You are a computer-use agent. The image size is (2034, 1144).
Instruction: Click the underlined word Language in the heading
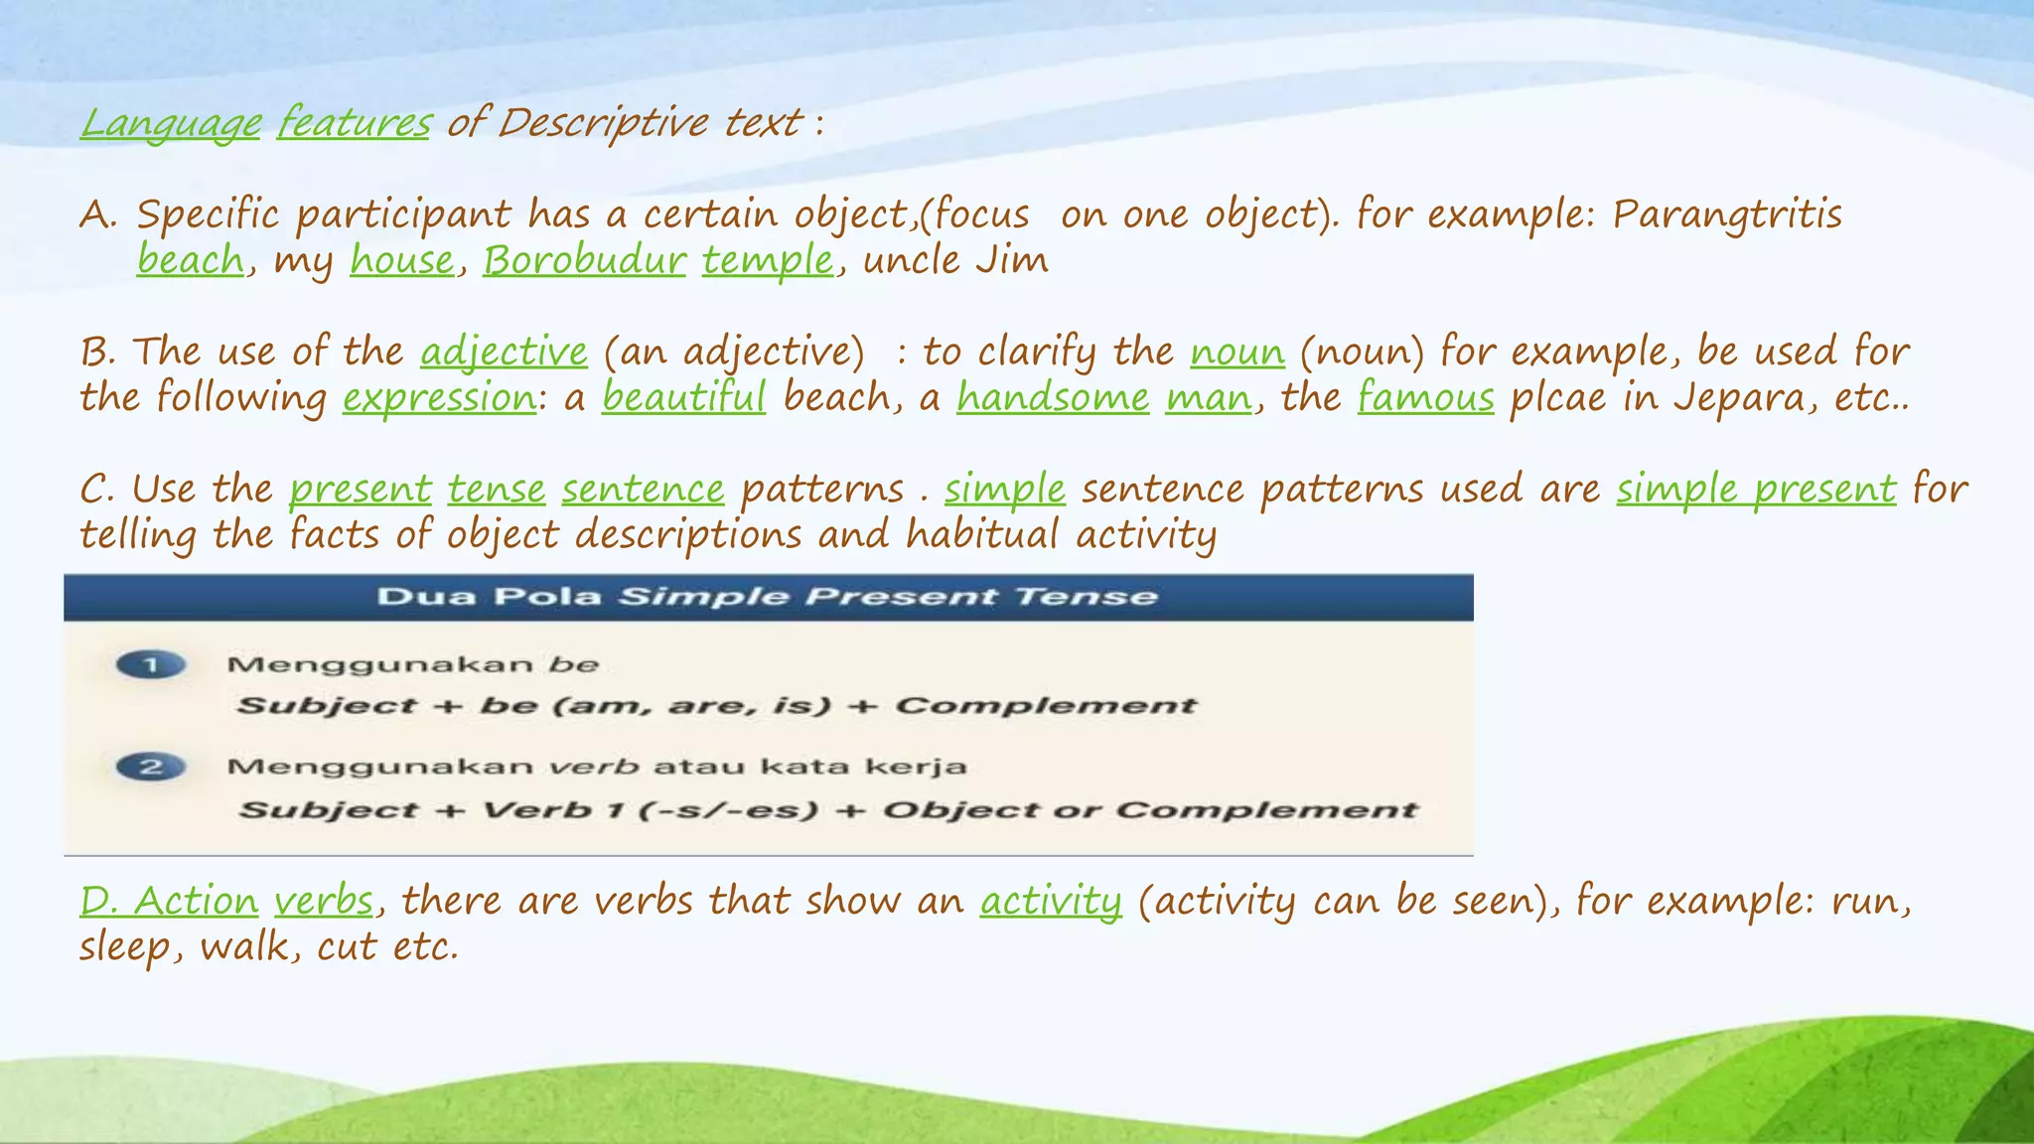pos(171,123)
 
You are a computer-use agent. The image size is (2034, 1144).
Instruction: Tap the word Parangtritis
pos(1727,214)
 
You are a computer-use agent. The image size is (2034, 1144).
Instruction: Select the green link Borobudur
pos(584,260)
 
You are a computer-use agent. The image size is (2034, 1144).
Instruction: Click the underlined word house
pos(401,260)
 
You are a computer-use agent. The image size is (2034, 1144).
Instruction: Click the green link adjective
pos(504,352)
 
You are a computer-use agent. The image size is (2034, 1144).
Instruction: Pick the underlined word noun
pos(1236,352)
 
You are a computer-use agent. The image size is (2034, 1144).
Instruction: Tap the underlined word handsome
pos(1053,397)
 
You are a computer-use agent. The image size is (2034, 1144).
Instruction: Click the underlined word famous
pos(1425,397)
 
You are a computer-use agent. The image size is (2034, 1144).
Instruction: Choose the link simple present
pos(1756,489)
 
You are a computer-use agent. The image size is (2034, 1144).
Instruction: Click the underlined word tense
pos(496,489)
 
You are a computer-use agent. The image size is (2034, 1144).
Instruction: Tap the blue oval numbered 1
pos(151,664)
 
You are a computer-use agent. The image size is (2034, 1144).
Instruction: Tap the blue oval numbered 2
pos(151,767)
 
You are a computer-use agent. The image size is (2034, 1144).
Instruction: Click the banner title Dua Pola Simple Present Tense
pos(767,597)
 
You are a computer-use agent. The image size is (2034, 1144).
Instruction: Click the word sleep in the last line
pos(125,946)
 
